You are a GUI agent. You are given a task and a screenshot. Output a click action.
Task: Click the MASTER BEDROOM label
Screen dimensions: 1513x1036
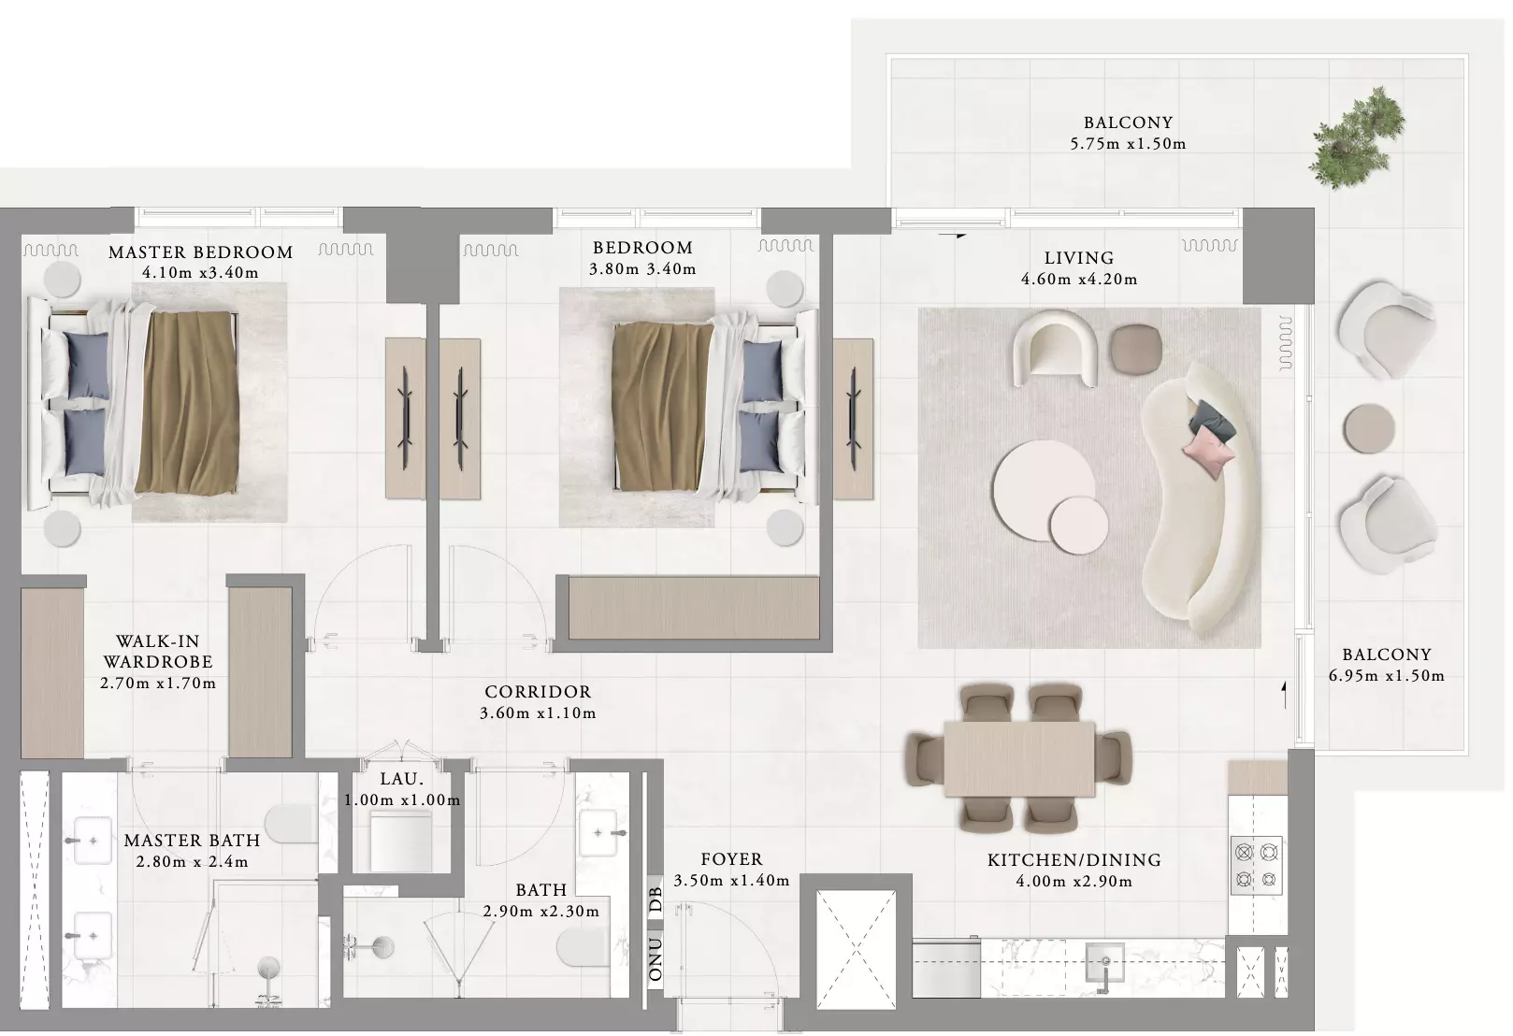coord(201,252)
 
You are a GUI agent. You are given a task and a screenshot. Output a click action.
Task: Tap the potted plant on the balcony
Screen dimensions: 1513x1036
coord(1356,138)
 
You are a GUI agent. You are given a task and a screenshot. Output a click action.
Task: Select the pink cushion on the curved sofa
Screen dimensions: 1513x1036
coord(1209,454)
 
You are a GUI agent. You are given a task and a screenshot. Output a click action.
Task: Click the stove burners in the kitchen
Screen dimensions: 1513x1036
coord(1257,866)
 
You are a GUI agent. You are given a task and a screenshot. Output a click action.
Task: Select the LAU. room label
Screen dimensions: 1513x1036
coord(402,779)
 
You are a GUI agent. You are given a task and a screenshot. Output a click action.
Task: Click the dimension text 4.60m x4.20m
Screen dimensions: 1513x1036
coord(1079,279)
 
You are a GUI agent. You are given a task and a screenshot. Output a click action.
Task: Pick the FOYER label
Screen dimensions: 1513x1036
coord(731,859)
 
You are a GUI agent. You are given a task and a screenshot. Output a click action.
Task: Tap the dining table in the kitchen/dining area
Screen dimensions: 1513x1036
coord(1019,759)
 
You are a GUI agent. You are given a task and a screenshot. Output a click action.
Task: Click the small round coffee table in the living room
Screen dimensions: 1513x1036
coord(1079,525)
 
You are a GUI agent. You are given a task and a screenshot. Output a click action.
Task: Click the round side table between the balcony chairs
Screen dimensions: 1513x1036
coord(1369,428)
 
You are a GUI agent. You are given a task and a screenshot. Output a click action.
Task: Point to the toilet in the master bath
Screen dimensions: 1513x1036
coord(291,823)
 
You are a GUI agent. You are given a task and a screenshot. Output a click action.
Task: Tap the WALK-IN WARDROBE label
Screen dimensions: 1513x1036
coord(158,651)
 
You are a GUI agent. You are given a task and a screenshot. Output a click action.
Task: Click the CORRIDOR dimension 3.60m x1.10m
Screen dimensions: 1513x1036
coord(538,713)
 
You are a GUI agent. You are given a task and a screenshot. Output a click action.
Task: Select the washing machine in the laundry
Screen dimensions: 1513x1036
coord(401,842)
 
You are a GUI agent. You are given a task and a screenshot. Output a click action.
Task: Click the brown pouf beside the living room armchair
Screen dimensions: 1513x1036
coord(1137,349)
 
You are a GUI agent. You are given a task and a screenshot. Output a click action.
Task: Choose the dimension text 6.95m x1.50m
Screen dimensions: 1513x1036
coord(1387,675)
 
